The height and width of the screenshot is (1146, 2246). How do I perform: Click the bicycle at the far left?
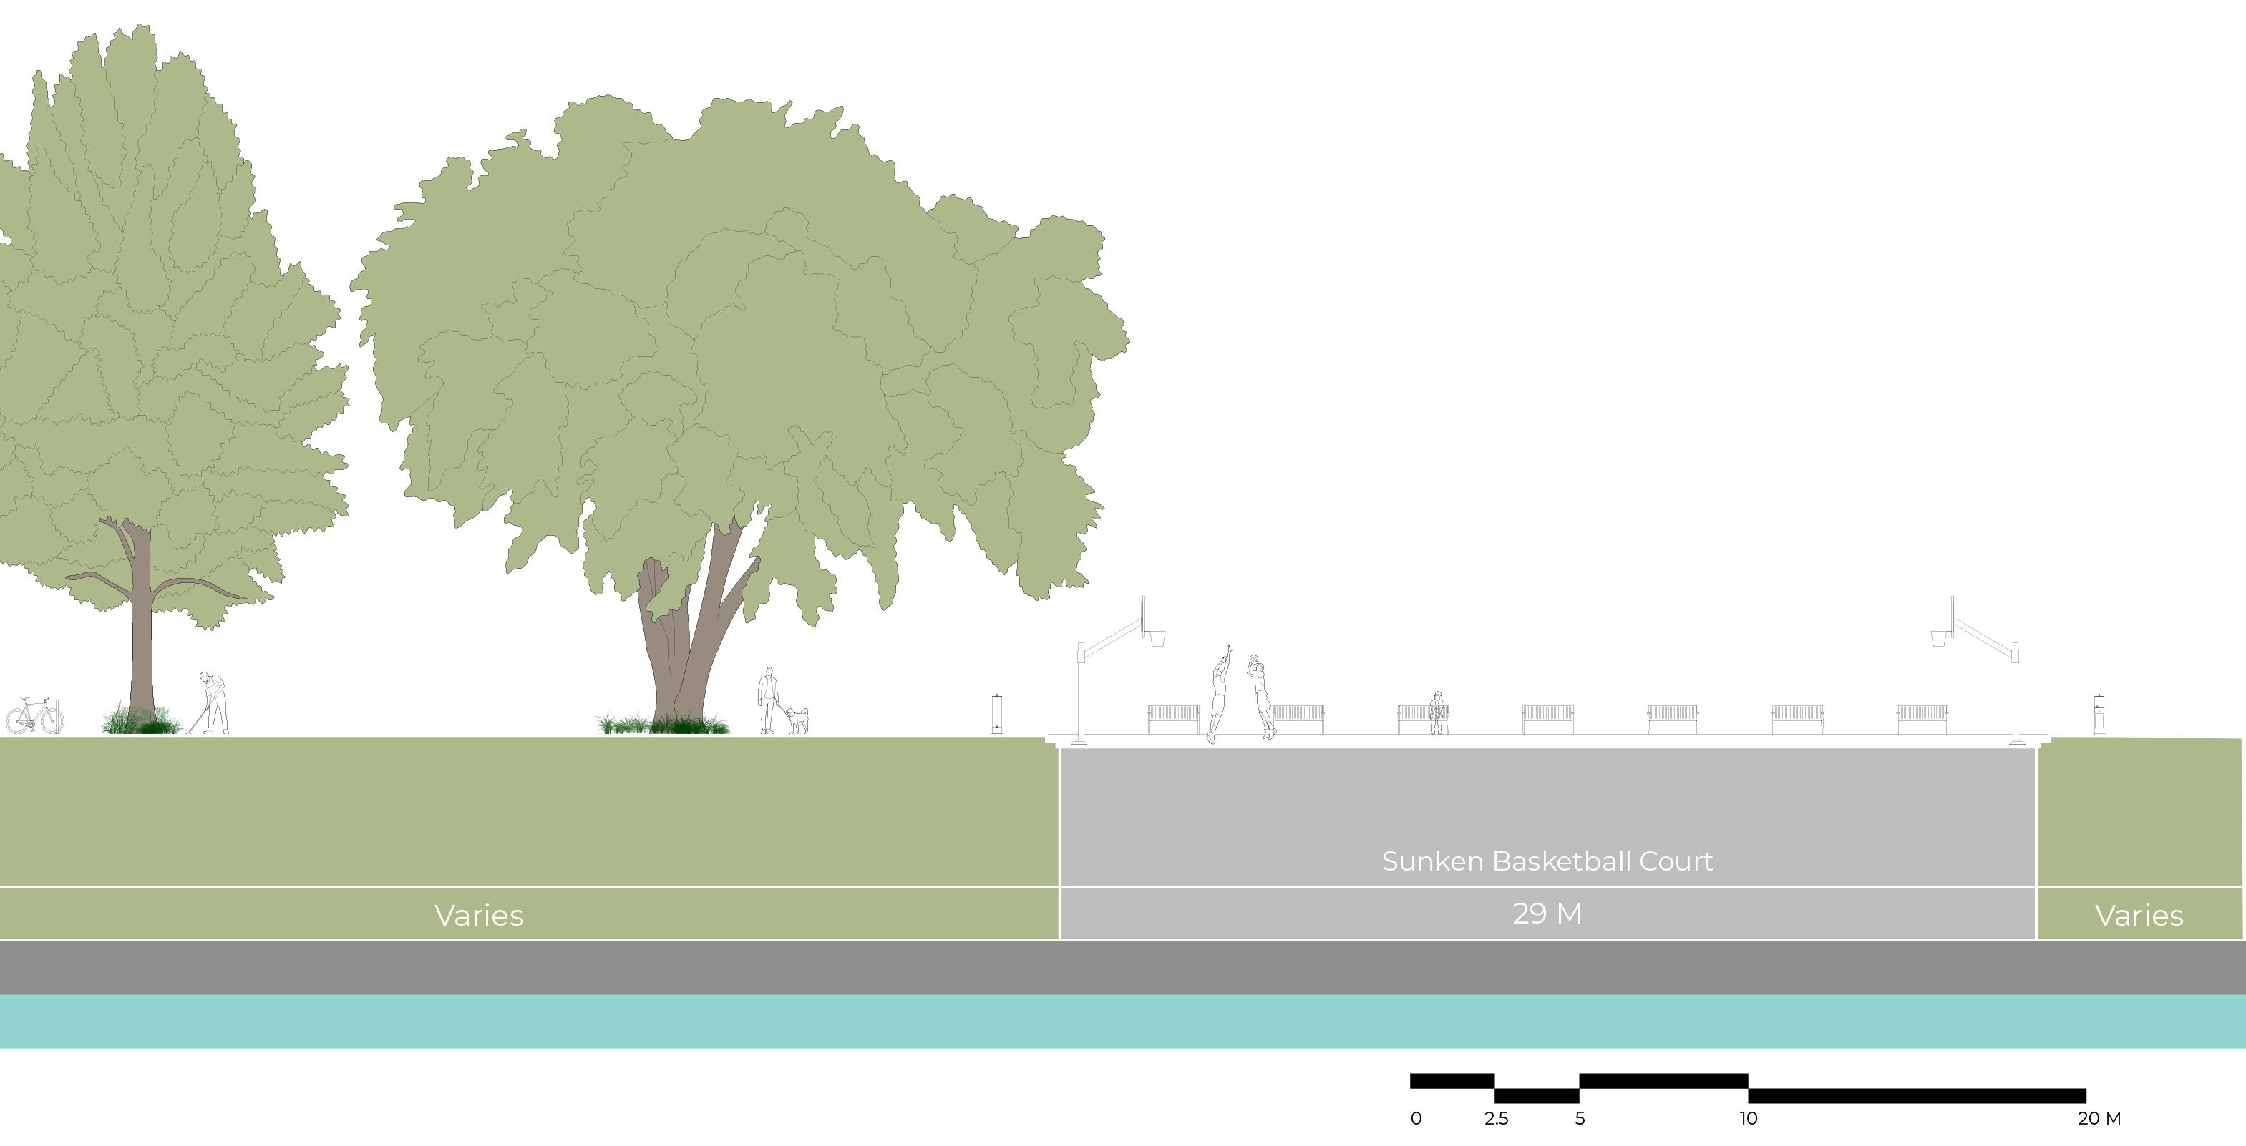tap(35, 715)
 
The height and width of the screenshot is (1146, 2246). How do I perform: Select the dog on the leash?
tap(797, 720)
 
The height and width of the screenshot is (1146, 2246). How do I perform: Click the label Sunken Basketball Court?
tap(1547, 861)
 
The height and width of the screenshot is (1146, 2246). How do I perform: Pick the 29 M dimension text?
tap(1547, 914)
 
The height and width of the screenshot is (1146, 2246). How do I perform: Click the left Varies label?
tap(479, 915)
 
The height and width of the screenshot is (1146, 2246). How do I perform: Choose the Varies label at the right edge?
tap(2139, 915)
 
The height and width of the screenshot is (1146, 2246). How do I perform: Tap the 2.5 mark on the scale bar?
tap(1496, 1118)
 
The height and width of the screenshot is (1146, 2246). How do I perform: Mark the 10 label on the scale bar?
tap(1748, 1118)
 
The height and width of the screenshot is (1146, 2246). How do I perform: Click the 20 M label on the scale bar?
tap(2099, 1118)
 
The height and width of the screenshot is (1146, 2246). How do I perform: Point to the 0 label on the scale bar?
tap(1416, 1118)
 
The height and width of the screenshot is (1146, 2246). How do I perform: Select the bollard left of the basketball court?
tap(996, 714)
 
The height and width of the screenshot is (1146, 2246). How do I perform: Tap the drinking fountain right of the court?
tap(2099, 714)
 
